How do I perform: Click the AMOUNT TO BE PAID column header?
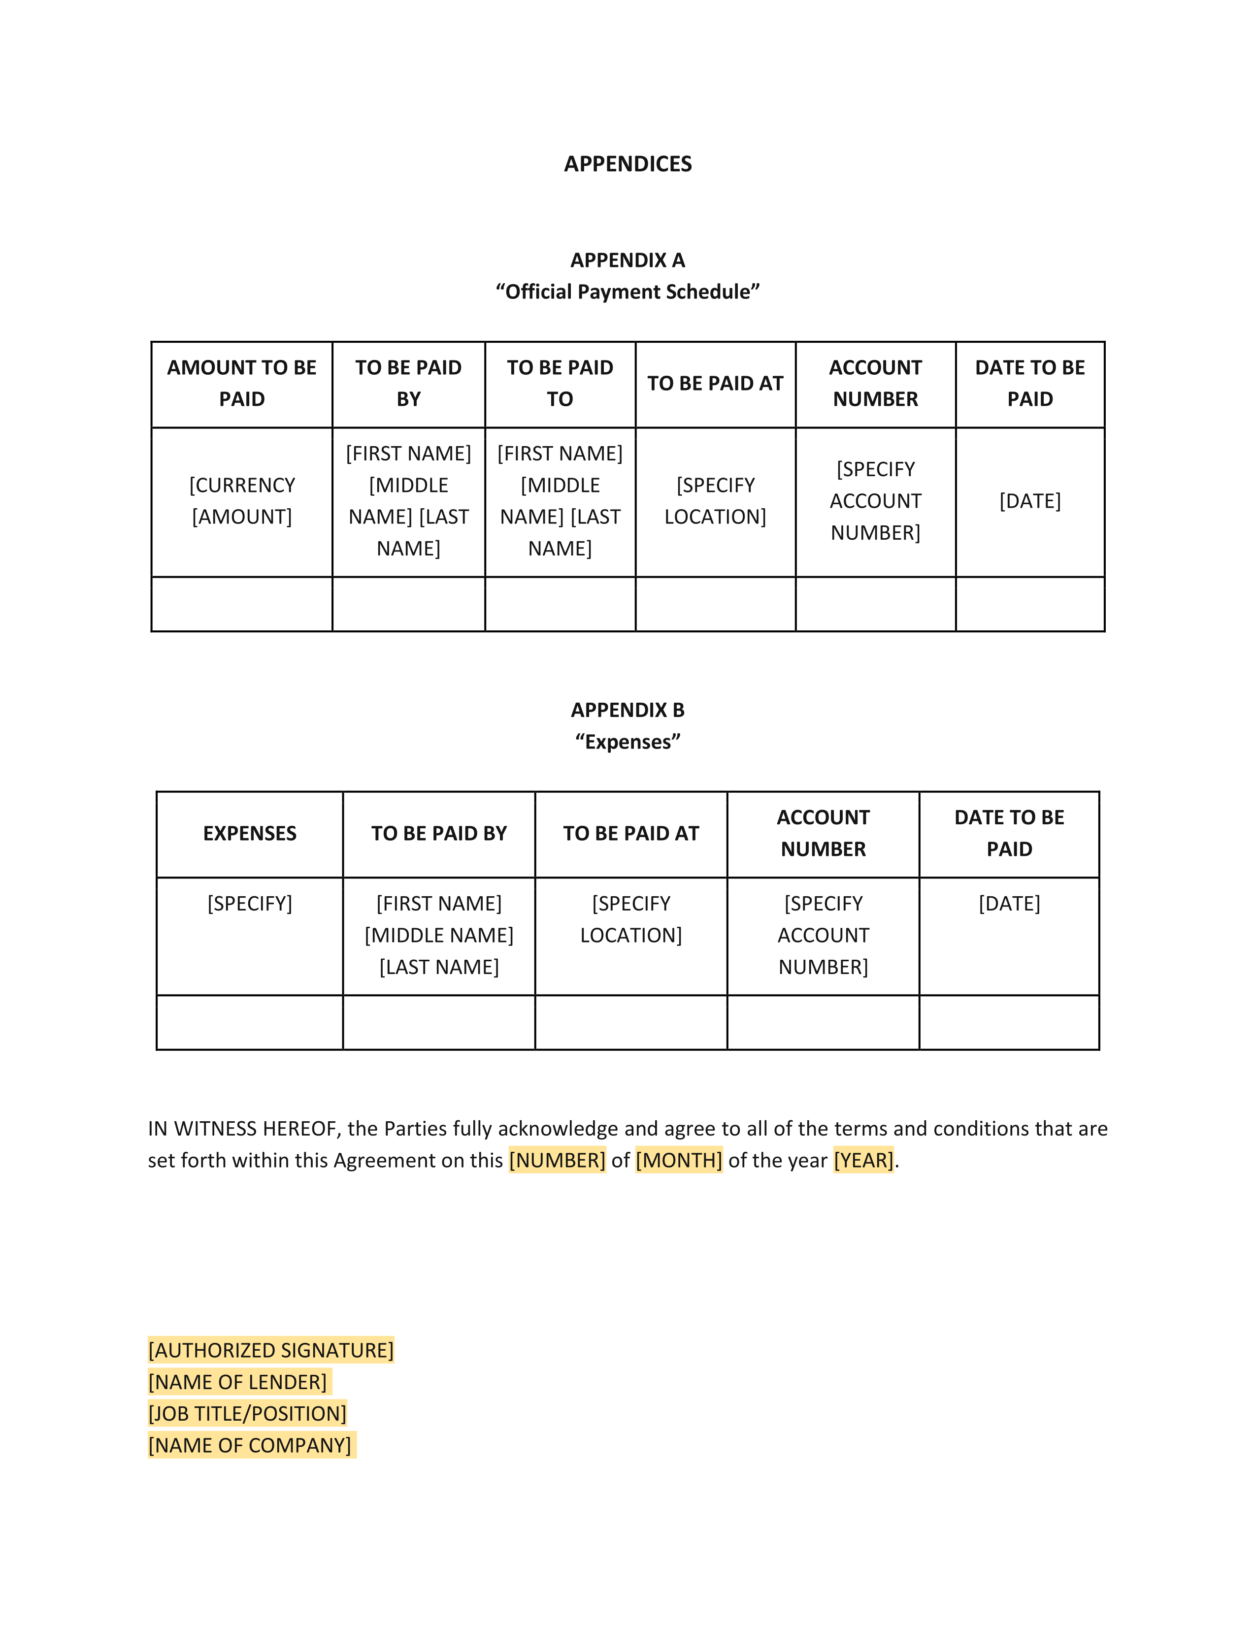coord(242,383)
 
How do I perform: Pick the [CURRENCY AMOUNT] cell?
coord(242,501)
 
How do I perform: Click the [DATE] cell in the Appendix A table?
coord(1030,501)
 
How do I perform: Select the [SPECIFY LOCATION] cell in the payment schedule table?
coord(715,501)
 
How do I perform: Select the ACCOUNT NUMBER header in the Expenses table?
coord(823,833)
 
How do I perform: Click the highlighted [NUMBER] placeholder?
coord(557,1160)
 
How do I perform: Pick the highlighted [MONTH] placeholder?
coord(679,1160)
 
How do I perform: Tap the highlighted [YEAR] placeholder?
coord(863,1160)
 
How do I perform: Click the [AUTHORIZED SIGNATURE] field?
coord(271,1350)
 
